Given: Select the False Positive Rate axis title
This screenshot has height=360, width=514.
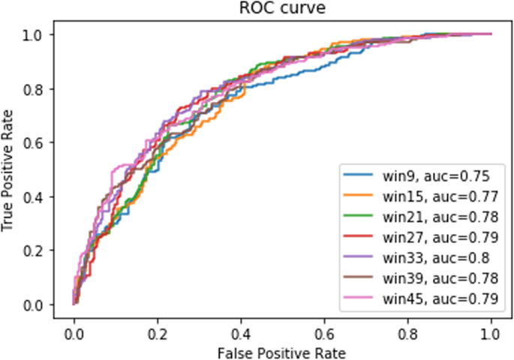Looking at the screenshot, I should click(281, 351).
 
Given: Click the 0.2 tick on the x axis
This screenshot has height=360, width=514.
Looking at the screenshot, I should click(158, 331).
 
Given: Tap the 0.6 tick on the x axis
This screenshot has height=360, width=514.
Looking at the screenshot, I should click(325, 331).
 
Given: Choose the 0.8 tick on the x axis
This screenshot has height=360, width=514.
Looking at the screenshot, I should click(408, 331).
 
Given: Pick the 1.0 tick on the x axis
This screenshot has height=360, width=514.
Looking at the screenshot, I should click(491, 331).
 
